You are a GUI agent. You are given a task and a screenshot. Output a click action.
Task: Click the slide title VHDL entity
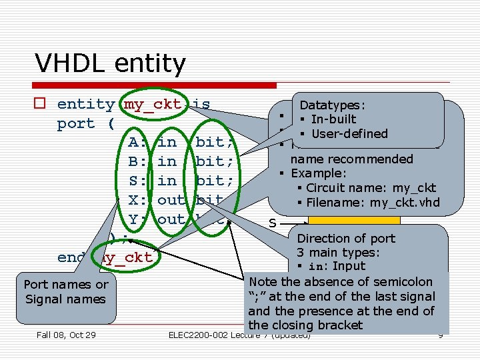(110, 63)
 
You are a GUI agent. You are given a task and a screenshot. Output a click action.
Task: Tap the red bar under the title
(155, 85)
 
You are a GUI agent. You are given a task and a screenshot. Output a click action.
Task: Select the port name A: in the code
(138, 142)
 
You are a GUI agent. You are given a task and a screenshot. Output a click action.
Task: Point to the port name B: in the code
(138, 161)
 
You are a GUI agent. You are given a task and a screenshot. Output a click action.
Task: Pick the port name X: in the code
(138, 200)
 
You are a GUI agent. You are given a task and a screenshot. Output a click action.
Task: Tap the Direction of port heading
(346, 238)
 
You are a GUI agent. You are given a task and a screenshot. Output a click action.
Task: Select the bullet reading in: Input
(335, 266)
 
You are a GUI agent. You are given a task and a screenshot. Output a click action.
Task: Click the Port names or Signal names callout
(65, 292)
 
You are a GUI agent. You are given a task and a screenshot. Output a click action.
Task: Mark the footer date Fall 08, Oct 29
(66, 335)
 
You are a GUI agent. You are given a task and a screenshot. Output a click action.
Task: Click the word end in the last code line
(71, 257)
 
